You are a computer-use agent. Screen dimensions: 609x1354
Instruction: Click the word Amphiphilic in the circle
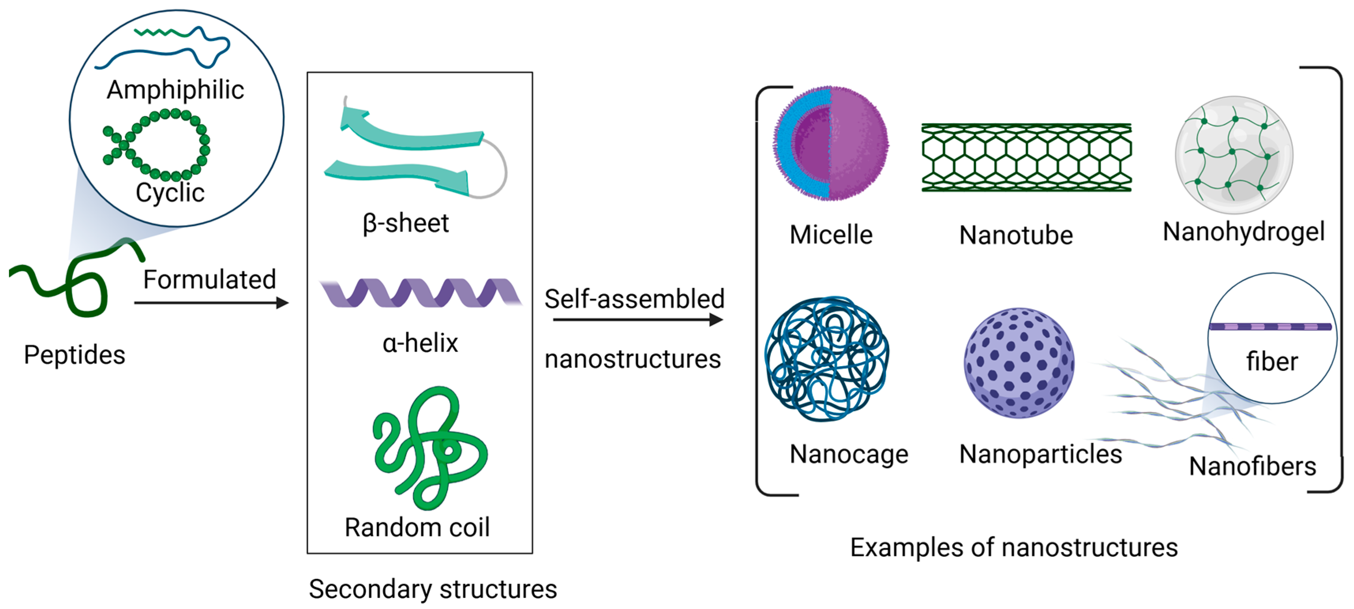pyautogui.click(x=175, y=89)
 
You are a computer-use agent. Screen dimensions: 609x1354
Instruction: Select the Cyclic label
pyautogui.click(x=170, y=192)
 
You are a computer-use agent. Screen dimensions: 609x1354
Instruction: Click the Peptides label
pyautogui.click(x=74, y=355)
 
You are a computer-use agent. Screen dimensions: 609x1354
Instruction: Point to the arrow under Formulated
pyautogui.click(x=210, y=303)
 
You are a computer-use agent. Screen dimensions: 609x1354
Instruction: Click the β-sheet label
pyautogui.click(x=405, y=223)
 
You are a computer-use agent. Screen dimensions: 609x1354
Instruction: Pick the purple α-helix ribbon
pyautogui.click(x=421, y=293)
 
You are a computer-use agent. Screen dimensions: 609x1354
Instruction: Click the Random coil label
pyautogui.click(x=417, y=527)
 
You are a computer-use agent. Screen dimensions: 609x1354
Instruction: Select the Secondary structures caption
pyautogui.click(x=432, y=589)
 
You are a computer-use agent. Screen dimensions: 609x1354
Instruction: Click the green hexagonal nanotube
pyautogui.click(x=1026, y=157)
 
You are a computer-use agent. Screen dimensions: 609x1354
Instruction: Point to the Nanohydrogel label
pyautogui.click(x=1243, y=231)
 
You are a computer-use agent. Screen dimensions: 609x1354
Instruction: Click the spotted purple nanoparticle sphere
pyautogui.click(x=1019, y=363)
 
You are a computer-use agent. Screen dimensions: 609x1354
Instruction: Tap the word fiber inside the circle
pyautogui.click(x=1272, y=361)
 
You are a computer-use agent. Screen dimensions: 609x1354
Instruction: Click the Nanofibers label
pyautogui.click(x=1252, y=466)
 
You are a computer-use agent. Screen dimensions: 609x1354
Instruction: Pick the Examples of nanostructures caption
pyautogui.click(x=1013, y=547)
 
